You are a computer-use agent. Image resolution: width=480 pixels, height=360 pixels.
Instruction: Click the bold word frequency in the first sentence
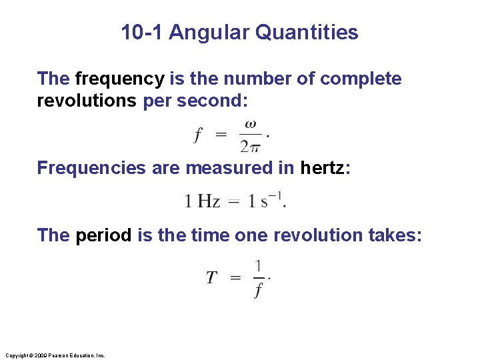119,79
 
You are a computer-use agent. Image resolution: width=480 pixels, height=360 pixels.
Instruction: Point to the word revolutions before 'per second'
87,101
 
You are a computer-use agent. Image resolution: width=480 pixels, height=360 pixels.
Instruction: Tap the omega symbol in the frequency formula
250,123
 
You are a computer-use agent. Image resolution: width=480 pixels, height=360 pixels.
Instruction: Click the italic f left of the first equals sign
197,135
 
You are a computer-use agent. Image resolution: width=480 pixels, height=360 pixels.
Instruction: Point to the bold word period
103,235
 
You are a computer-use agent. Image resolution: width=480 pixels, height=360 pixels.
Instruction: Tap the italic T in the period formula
211,278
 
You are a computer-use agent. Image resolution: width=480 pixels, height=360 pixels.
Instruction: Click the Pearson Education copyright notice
55,356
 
